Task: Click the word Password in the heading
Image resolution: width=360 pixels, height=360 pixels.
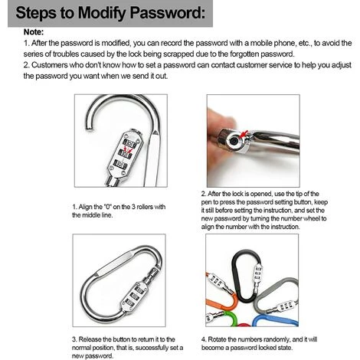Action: tap(168, 13)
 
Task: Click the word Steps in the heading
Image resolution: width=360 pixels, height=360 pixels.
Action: tap(37, 13)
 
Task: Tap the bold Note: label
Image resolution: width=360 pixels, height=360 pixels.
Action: tap(34, 32)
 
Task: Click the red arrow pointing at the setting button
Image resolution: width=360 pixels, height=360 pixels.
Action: tap(244, 133)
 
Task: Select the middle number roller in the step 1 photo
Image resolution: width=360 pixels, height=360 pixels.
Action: tap(126, 153)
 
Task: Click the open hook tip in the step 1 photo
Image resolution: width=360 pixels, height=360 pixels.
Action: tap(89, 126)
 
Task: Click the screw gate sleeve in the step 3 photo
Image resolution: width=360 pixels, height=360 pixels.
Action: tap(153, 274)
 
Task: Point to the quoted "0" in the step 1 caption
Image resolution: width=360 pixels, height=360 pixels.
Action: tap(107, 207)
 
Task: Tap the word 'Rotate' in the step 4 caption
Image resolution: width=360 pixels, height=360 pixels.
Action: tap(217, 339)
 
